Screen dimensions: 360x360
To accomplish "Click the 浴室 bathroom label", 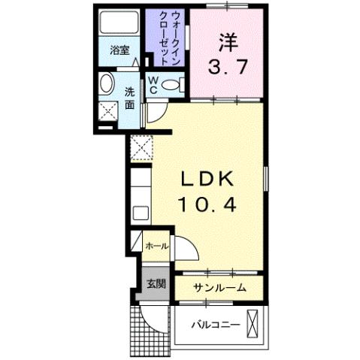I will pos(119,51).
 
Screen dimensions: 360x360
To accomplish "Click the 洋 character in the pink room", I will pos(228,38).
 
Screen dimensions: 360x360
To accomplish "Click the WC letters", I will pos(153,84).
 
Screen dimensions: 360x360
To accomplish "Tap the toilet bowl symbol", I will pos(172,86).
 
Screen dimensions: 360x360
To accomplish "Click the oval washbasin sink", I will pos(107,84).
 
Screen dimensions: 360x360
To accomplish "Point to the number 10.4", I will pos(208,203).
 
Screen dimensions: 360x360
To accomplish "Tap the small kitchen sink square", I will pos(140,212).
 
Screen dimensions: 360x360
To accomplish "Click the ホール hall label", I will pos(155,246).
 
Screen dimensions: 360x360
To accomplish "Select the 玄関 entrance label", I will pos(156,283).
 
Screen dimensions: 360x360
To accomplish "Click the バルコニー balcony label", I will pos(214,325).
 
